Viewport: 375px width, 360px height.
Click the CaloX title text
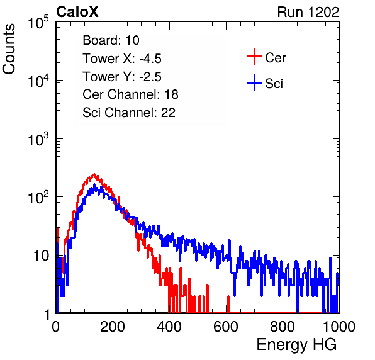(x=77, y=12)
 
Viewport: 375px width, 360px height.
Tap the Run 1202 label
(x=308, y=12)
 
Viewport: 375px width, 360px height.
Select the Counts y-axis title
(x=9, y=49)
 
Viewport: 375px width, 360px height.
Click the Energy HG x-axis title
(x=296, y=344)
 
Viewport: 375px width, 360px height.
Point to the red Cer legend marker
(x=254, y=57)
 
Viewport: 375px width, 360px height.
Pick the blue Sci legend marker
(x=254, y=83)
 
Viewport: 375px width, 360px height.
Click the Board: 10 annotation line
(x=111, y=40)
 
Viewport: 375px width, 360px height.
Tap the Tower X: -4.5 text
(x=122, y=59)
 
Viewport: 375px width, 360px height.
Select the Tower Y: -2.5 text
(x=122, y=77)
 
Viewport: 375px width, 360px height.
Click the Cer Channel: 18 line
(x=130, y=94)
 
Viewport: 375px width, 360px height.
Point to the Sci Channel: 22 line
(x=129, y=113)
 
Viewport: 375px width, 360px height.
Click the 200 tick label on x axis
(x=113, y=327)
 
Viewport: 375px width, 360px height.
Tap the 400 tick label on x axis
(x=169, y=327)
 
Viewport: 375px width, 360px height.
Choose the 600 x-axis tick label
(x=226, y=327)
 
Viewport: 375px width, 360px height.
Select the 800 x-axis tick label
(x=283, y=327)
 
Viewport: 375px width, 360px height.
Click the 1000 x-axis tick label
(x=339, y=327)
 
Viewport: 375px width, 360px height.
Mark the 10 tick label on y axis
(x=42, y=256)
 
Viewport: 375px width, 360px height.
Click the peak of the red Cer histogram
(x=94, y=174)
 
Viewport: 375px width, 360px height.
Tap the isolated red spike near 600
(x=228, y=304)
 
